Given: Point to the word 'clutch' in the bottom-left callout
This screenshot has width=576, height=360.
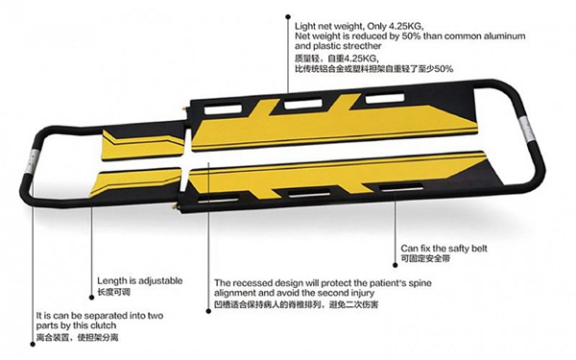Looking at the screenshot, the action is click(x=103, y=325).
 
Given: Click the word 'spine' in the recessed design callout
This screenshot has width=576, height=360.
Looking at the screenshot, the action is click(x=420, y=283).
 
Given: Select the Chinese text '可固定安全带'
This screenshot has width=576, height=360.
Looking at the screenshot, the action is click(x=425, y=258).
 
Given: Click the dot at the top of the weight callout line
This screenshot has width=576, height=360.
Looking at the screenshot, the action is click(x=288, y=16).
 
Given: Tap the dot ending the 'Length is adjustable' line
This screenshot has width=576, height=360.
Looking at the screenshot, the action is click(x=92, y=298).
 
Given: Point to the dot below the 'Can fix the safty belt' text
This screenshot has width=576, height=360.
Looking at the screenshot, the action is click(x=395, y=265).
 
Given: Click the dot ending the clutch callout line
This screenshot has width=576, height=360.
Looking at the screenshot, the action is click(x=33, y=345).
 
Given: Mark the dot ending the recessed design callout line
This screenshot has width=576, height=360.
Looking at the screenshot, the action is click(x=208, y=311).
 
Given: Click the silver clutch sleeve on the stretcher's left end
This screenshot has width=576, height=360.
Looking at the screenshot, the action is click(x=32, y=161).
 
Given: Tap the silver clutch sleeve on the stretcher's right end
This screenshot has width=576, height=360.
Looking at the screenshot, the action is click(x=526, y=131).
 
